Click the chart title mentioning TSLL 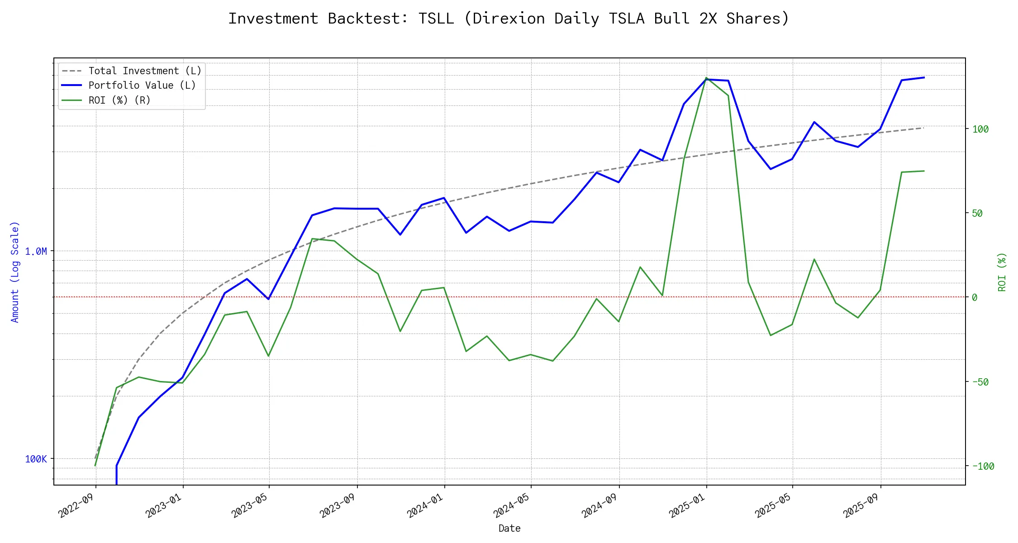(x=509, y=19)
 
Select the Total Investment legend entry (x=144, y=71)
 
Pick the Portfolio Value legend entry (x=142, y=86)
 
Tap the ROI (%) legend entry (x=119, y=100)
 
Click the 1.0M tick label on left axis (x=36, y=252)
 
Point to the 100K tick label (x=36, y=459)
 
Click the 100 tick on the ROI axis (x=980, y=129)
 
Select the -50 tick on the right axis (x=980, y=382)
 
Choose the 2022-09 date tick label (x=76, y=505)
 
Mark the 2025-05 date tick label (x=773, y=505)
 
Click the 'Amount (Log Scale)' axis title (x=15, y=271)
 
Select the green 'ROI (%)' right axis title (x=1002, y=271)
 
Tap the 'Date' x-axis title (x=509, y=529)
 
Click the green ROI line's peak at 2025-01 (x=706, y=78)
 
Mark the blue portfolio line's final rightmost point (x=924, y=77)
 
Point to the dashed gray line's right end (x=923, y=128)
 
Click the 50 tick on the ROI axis (x=977, y=214)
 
